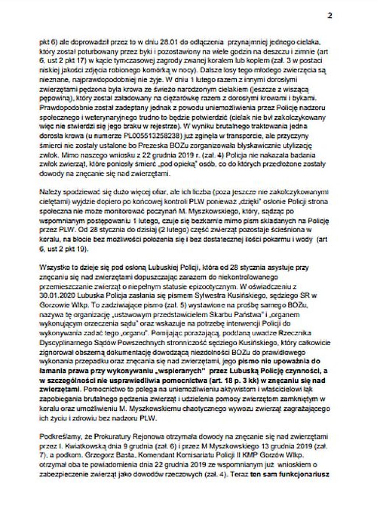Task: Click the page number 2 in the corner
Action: click(330, 16)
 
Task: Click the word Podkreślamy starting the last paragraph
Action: click(57, 437)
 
